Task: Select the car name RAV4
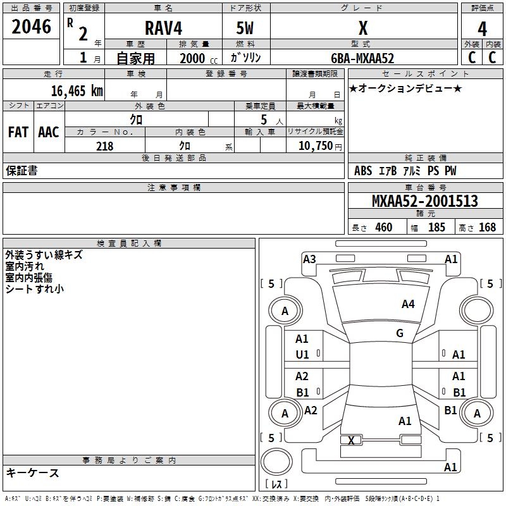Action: tap(163, 28)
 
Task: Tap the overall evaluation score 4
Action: tap(482, 29)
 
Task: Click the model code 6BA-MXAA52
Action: tap(362, 58)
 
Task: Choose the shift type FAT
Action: tap(18, 132)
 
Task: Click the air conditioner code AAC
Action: tap(49, 132)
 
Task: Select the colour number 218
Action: tap(104, 146)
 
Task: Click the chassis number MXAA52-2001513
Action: tap(424, 202)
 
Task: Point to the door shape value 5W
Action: tap(245, 29)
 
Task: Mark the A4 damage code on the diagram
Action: tap(408, 304)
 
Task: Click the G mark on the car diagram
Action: tap(399, 333)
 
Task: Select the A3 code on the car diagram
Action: tap(309, 259)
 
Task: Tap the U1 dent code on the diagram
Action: tap(302, 355)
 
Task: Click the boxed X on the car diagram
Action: tap(351, 440)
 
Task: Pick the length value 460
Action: tap(383, 228)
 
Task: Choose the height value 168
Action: tap(487, 228)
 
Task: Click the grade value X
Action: tap(362, 29)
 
